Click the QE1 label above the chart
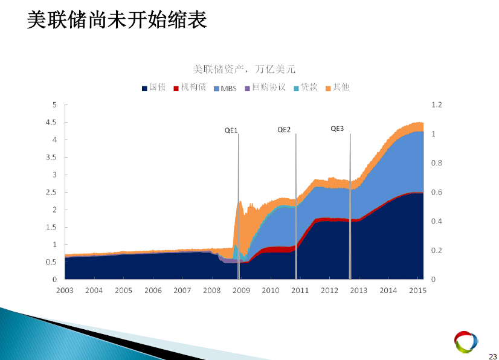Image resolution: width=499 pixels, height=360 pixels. (x=231, y=130)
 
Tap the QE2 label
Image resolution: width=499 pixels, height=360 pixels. (x=284, y=129)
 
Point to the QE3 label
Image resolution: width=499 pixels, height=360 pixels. (x=337, y=129)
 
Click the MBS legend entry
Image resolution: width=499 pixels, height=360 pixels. (x=225, y=88)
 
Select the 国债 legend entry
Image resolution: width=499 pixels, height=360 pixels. (x=153, y=87)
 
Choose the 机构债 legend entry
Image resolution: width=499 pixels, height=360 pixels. (x=190, y=87)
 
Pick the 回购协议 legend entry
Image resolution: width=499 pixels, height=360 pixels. (x=265, y=87)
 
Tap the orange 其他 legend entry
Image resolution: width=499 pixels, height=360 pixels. (x=337, y=87)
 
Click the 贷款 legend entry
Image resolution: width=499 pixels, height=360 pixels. (x=306, y=87)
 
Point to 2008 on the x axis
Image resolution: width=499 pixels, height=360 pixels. (x=212, y=291)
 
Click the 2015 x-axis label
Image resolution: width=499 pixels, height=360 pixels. (x=417, y=291)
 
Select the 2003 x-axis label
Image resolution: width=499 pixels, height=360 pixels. (x=65, y=291)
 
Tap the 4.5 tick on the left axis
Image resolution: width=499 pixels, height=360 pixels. (x=51, y=122)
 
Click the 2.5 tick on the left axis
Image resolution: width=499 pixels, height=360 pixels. (x=51, y=192)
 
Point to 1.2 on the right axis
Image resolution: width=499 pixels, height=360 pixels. (x=437, y=104)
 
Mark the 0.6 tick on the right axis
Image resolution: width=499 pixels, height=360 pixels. (x=437, y=192)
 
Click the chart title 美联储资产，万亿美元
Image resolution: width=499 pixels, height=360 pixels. (x=244, y=69)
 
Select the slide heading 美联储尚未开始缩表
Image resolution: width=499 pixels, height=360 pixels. (x=117, y=20)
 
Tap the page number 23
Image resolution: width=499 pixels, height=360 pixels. (x=492, y=356)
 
